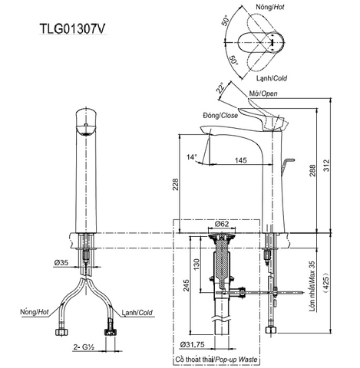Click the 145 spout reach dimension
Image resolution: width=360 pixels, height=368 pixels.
click(240, 160)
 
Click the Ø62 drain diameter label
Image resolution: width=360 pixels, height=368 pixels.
click(222, 223)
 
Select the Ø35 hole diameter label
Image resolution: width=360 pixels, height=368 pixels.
click(62, 263)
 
